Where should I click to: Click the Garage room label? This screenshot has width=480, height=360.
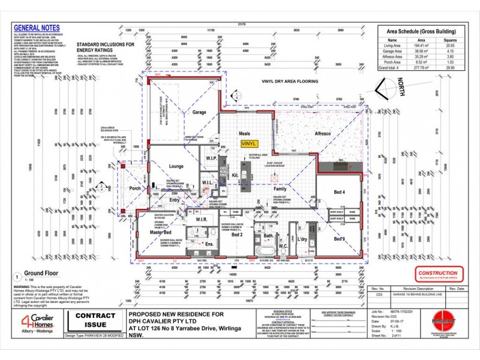(199, 112)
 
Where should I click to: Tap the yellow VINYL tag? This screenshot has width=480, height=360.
(247, 144)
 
